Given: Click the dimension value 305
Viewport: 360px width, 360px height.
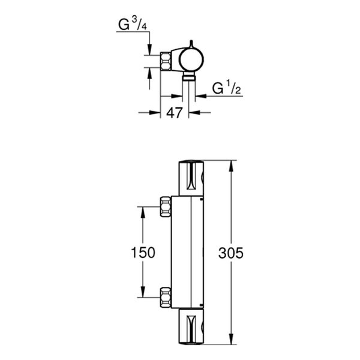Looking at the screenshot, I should click(232, 253).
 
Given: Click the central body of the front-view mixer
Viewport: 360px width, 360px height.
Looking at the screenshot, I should click(189, 252).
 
